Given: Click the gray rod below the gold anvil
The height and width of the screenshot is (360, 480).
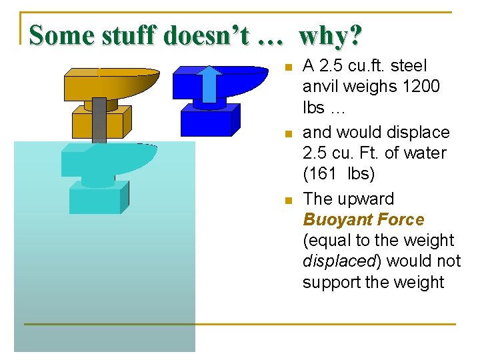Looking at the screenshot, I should point(99,120).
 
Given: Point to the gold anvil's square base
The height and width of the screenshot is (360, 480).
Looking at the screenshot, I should point(98,124).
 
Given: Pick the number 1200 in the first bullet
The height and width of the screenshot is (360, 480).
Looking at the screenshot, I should point(420,87).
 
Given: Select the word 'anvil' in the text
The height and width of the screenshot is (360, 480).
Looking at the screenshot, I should point(319,87).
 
